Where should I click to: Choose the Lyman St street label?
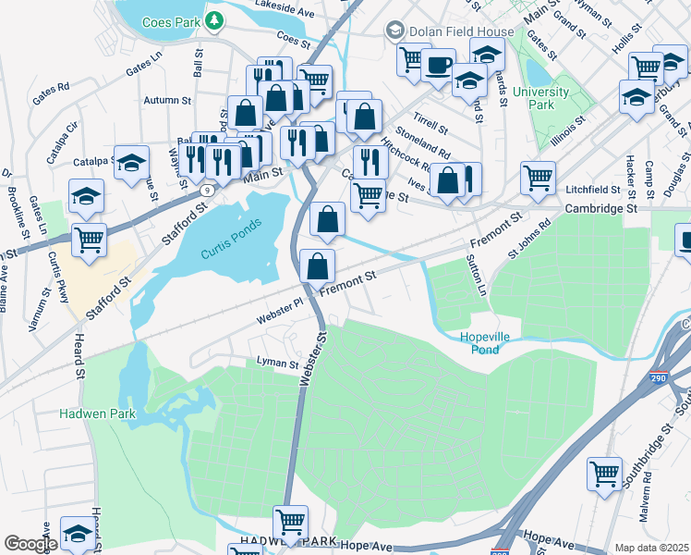[277, 364]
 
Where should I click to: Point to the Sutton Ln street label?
[480, 277]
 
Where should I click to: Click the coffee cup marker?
[439, 65]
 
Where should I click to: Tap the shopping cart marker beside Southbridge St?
[604, 475]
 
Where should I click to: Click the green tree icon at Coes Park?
[214, 18]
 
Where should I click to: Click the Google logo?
[30, 544]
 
